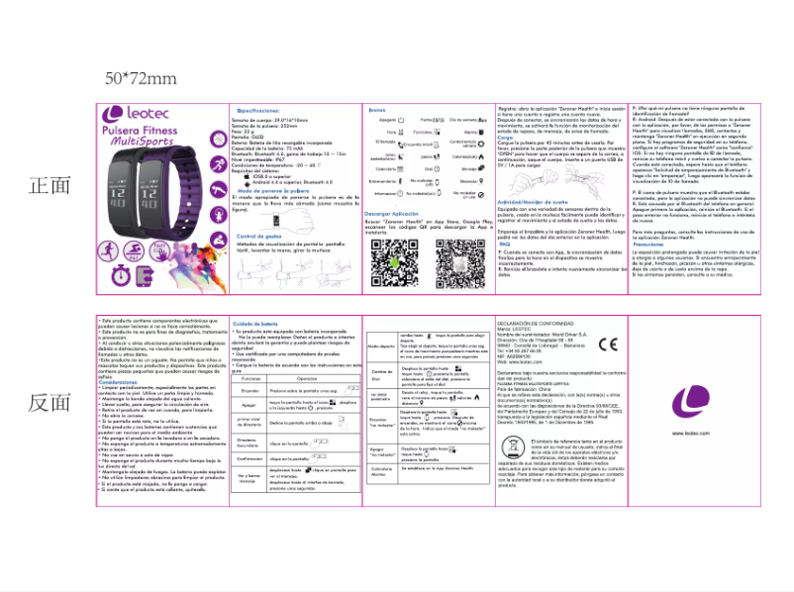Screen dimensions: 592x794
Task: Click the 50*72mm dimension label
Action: [x=142, y=78]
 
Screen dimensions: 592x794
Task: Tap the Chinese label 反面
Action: [x=50, y=402]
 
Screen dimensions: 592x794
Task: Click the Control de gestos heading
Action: [x=261, y=236]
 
